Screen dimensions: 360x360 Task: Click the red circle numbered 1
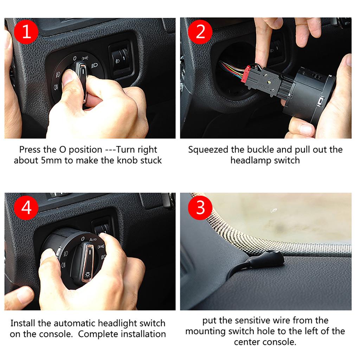tap(26, 32)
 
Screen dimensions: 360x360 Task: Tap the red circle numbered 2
tap(200, 32)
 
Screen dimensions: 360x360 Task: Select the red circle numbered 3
tap(200, 207)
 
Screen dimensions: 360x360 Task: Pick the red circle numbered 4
tap(26, 207)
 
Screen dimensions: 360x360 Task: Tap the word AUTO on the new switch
tap(93, 239)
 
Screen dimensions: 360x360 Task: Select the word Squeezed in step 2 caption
tap(208, 150)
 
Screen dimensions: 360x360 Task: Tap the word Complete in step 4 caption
tap(95, 334)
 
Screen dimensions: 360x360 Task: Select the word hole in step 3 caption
tap(285, 332)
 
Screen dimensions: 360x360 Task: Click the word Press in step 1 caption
tap(30, 149)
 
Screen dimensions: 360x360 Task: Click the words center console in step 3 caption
tap(264, 342)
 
